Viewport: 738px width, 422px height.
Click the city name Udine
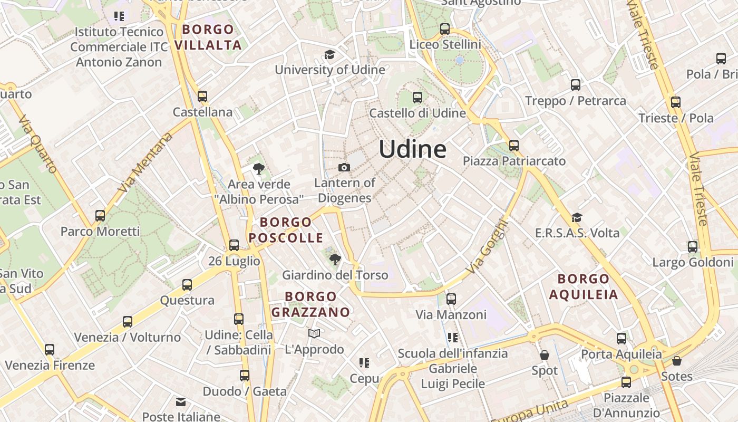pos(413,149)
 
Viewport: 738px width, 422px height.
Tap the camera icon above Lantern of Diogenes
pos(344,167)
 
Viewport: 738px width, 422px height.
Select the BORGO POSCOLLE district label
pos(286,230)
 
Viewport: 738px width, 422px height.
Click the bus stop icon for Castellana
pos(202,96)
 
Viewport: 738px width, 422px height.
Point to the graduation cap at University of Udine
pos(329,54)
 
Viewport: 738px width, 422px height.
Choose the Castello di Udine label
pos(417,113)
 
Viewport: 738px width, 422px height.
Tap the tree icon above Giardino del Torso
pos(335,259)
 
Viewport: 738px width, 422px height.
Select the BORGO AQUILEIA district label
pos(584,286)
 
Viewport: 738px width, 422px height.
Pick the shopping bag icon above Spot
pos(545,355)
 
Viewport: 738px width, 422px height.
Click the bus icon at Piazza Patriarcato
pos(514,145)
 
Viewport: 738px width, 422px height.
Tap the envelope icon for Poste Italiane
pos(181,402)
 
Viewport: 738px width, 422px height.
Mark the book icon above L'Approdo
pos(314,333)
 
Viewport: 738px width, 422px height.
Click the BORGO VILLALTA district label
pos(208,37)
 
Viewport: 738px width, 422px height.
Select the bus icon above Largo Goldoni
pos(693,246)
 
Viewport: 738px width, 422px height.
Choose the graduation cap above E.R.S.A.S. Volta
pos(577,217)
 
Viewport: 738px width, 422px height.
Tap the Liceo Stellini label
pos(445,44)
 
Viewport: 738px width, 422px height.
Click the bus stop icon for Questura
pos(187,285)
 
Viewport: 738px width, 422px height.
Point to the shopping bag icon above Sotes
pos(677,361)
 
